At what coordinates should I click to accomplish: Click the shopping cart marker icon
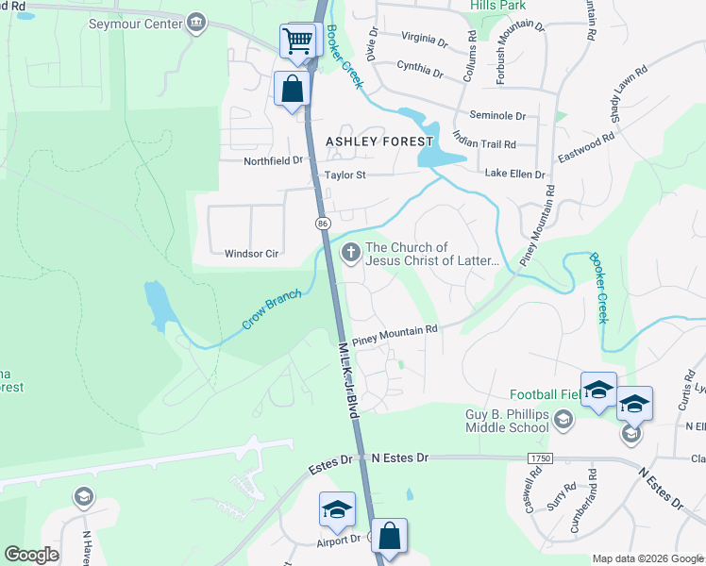tap(297, 42)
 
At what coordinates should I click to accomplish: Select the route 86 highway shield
tap(323, 223)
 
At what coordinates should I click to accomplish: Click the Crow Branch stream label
tap(271, 309)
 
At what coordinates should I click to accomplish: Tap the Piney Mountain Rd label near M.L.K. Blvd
tap(395, 335)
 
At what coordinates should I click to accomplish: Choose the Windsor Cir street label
tap(251, 254)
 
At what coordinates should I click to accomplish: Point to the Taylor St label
tap(345, 175)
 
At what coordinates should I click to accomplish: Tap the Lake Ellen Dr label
tap(515, 175)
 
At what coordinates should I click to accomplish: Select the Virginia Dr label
tap(424, 40)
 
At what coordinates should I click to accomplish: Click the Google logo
tap(31, 554)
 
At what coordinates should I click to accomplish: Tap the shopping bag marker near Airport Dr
tap(389, 536)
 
